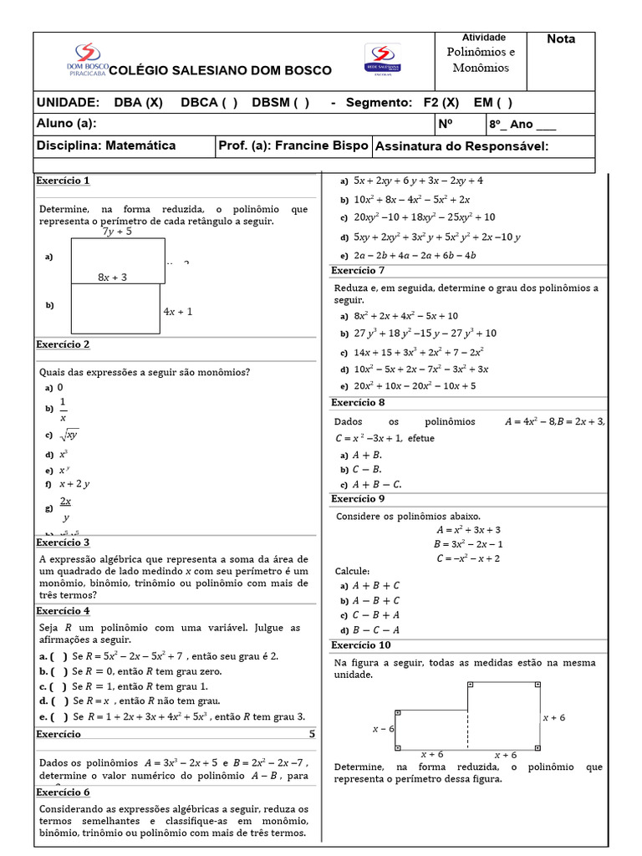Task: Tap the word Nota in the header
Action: [x=561, y=39]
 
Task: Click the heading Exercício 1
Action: [x=63, y=181]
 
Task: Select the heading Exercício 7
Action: [x=358, y=270]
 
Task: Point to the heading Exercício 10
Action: [x=360, y=645]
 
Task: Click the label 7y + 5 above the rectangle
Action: [x=117, y=232]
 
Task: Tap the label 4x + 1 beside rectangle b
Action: [x=178, y=312]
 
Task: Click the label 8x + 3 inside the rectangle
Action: [x=112, y=277]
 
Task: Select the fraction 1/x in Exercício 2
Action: [x=63, y=410]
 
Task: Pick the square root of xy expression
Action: [x=69, y=435]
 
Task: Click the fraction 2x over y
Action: [x=64, y=509]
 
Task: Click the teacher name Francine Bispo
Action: [x=321, y=145]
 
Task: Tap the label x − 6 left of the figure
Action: [x=383, y=729]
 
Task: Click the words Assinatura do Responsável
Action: [x=461, y=146]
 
